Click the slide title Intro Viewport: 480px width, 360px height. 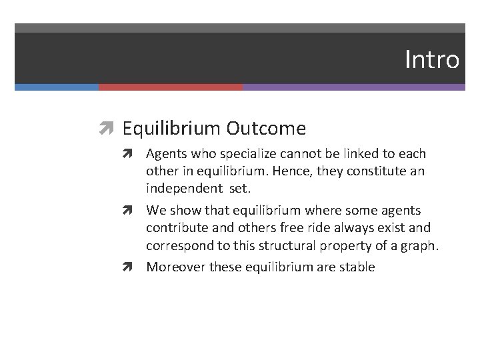tap(432, 60)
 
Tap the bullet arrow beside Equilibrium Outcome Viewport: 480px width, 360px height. tap(108, 128)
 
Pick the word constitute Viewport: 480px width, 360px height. tap(383, 171)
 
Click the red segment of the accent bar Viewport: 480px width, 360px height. tap(171, 87)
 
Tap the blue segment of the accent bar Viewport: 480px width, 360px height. tap(57, 87)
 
